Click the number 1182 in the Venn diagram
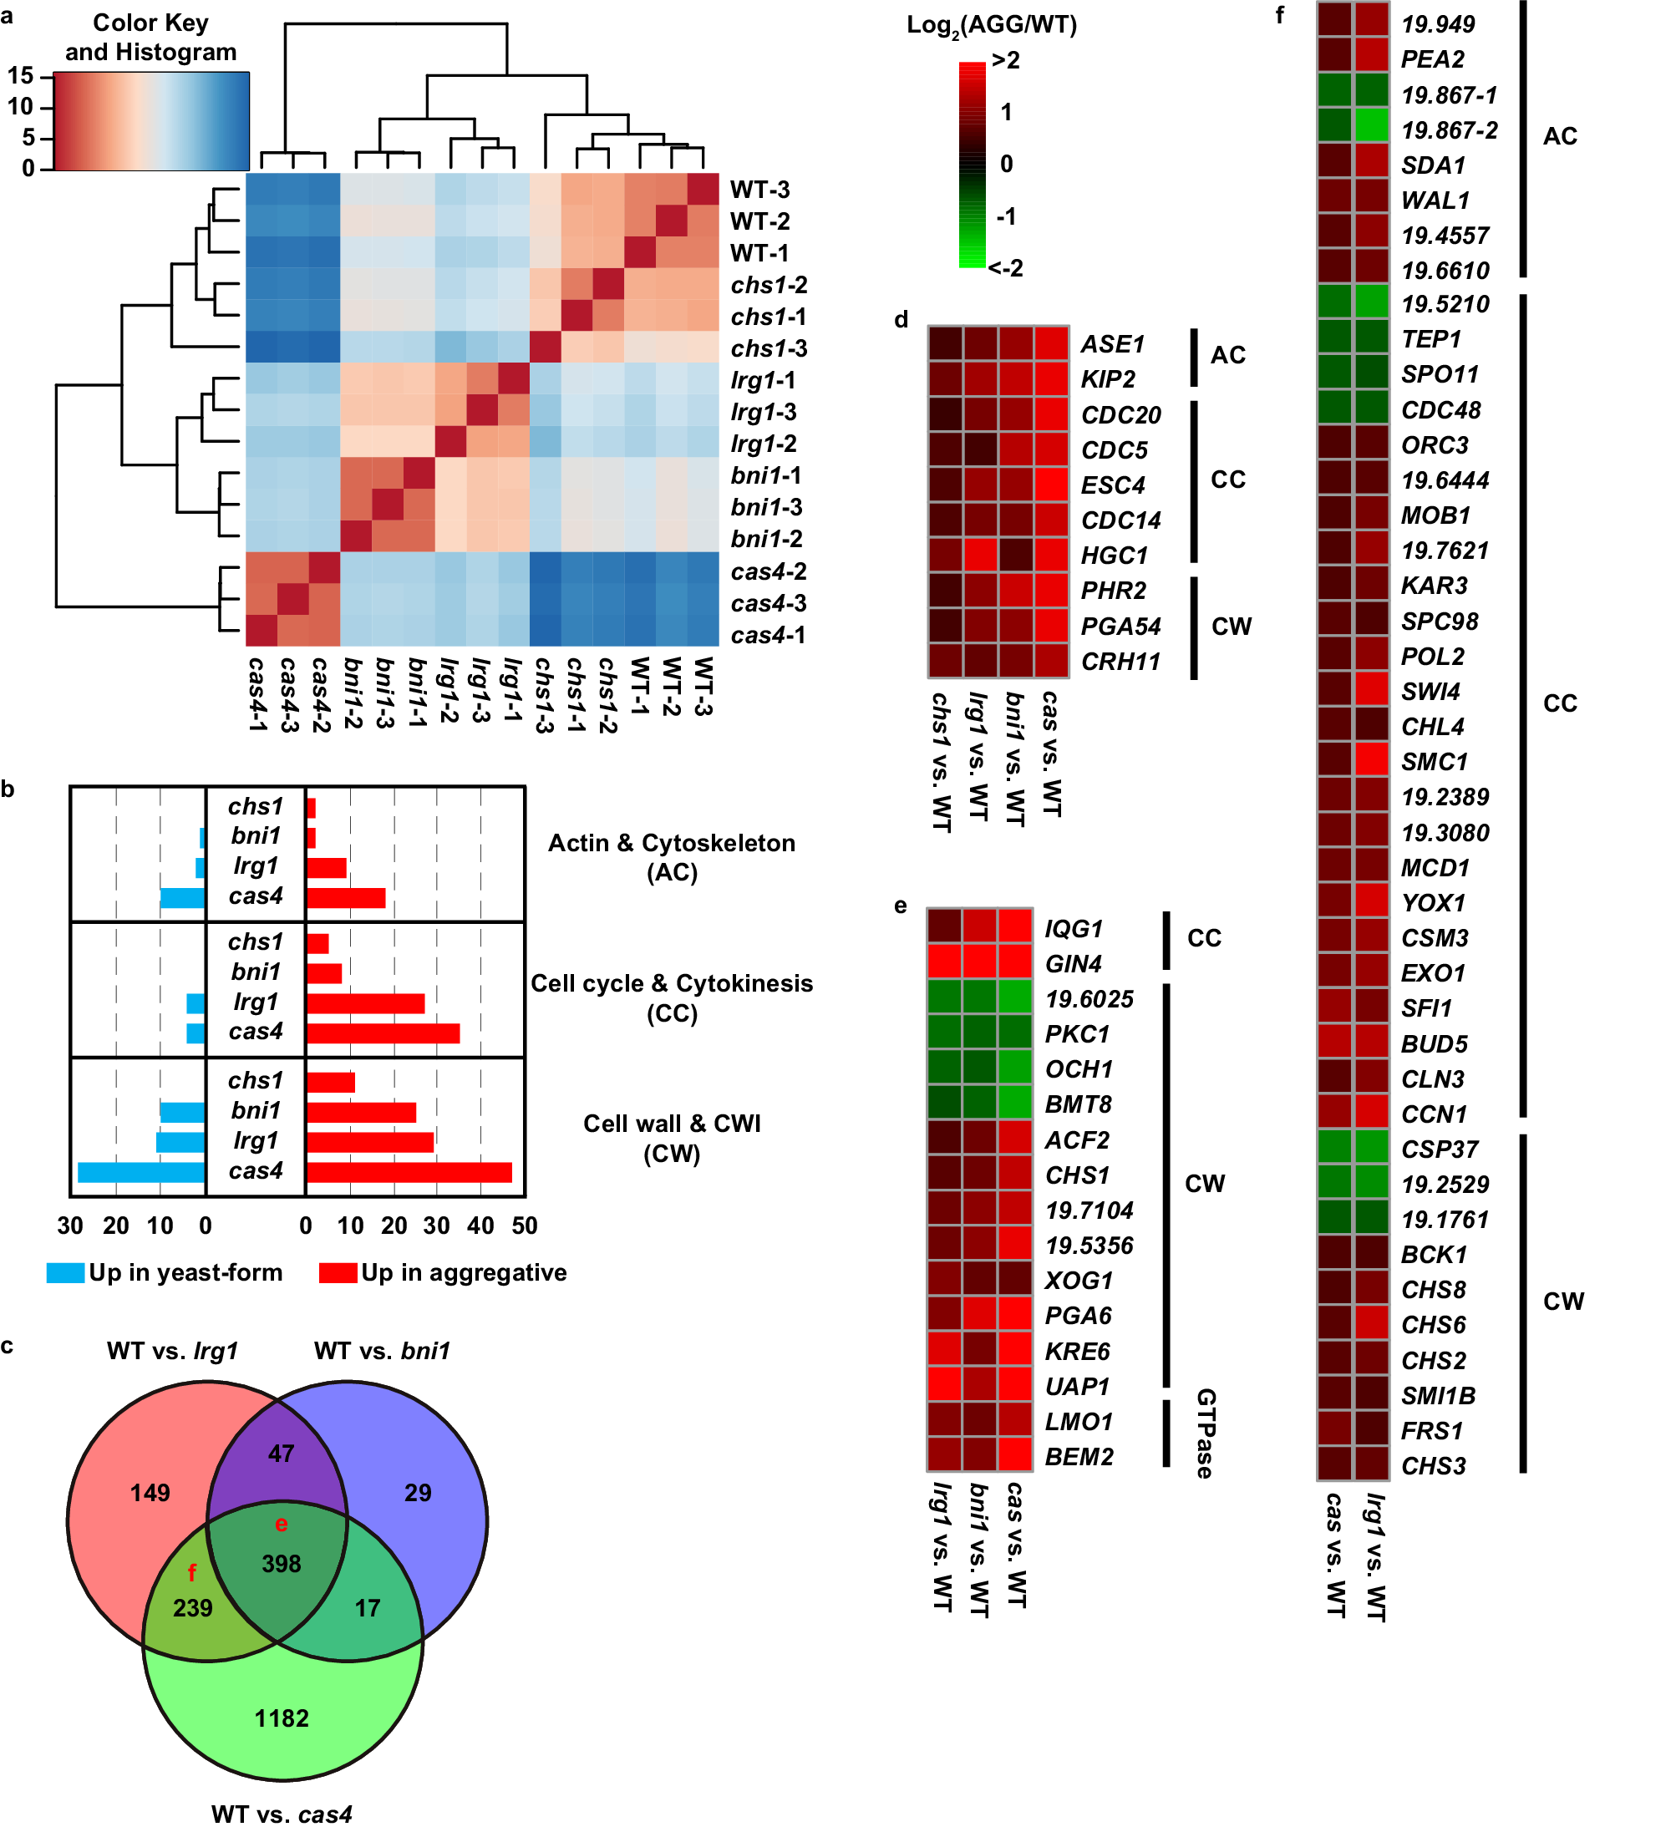click(x=282, y=1718)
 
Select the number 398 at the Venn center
click(x=282, y=1564)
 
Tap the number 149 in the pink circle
click(x=150, y=1493)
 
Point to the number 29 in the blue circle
click(x=418, y=1493)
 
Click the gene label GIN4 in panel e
click(x=1073, y=964)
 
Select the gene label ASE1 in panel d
click(x=1112, y=344)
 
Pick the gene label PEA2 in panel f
click(x=1432, y=60)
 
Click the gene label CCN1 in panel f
click(x=1434, y=1115)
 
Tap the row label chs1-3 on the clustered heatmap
click(x=769, y=349)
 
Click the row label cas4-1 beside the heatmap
click(x=768, y=635)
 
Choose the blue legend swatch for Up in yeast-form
click(x=65, y=1273)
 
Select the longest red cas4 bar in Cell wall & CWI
click(x=409, y=1172)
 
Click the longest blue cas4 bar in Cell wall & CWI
click(x=141, y=1172)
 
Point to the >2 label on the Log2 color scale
click(x=1006, y=61)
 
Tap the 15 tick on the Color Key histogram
click(x=20, y=75)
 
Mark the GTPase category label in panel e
click(x=1205, y=1433)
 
